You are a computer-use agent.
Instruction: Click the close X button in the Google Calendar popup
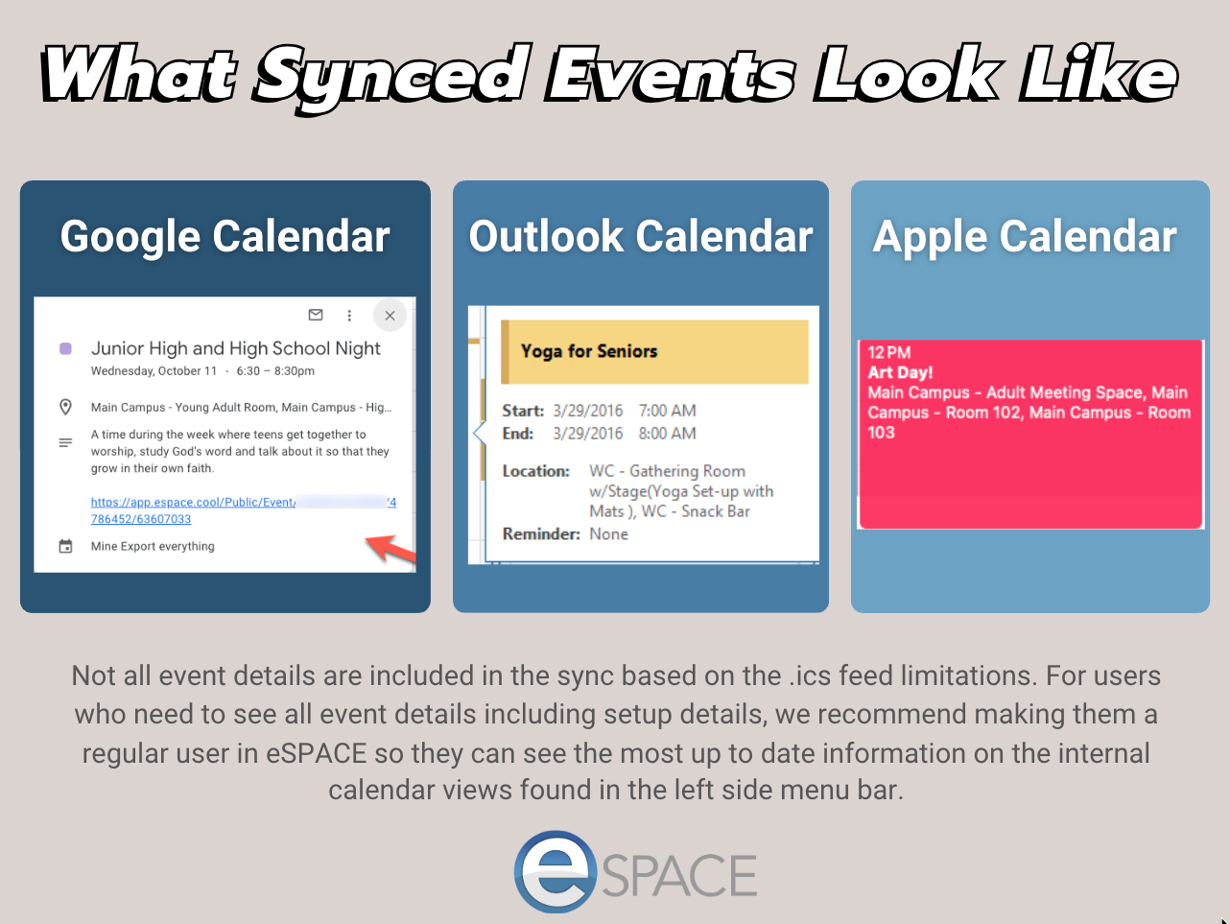pyautogui.click(x=390, y=316)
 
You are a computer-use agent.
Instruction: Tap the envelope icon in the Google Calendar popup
pyautogui.click(x=316, y=315)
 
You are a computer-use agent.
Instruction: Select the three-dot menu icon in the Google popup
pyautogui.click(x=349, y=316)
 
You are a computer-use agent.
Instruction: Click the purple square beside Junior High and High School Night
pyautogui.click(x=65, y=348)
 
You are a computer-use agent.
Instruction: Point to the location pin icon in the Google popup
pyautogui.click(x=65, y=407)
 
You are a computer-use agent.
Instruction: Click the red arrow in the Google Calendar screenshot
pyautogui.click(x=390, y=548)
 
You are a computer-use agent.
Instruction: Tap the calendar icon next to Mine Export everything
pyautogui.click(x=65, y=546)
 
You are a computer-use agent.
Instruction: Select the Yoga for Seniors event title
pyautogui.click(x=589, y=351)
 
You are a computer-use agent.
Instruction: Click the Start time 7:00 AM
pyautogui.click(x=667, y=411)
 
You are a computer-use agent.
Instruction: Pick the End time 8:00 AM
pyautogui.click(x=667, y=433)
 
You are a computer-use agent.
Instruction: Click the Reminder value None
pyautogui.click(x=608, y=534)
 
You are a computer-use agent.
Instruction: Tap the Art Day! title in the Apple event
pyautogui.click(x=900, y=372)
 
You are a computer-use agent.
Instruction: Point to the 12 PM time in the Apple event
pyautogui.click(x=889, y=352)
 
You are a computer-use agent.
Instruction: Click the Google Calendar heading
pyautogui.click(x=225, y=236)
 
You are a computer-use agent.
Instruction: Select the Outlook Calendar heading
pyautogui.click(x=641, y=236)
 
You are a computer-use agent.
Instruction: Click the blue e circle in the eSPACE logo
pyautogui.click(x=556, y=871)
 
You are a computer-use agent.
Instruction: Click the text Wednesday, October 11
pyautogui.click(x=154, y=371)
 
